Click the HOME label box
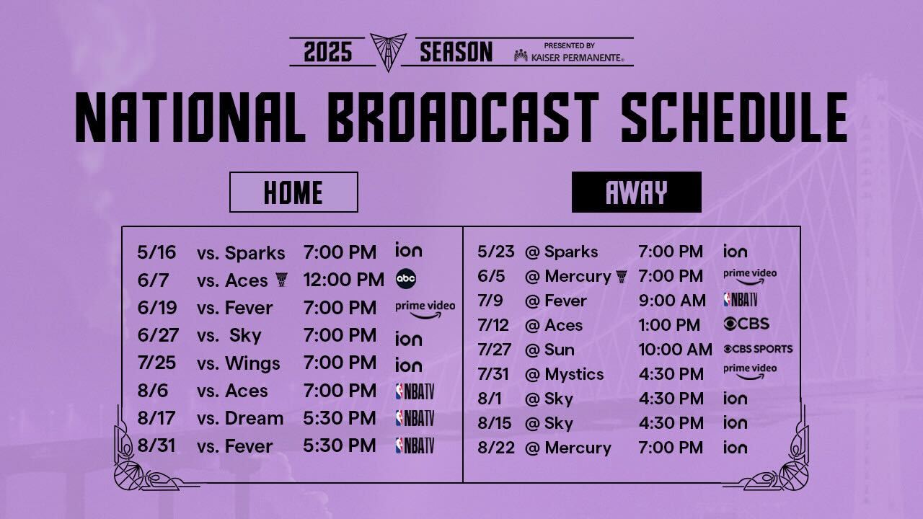pos(293,192)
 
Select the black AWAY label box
pos(636,192)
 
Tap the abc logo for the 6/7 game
pos(406,279)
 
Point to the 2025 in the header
pos(328,52)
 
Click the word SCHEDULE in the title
pos(734,117)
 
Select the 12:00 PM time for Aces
pos(344,280)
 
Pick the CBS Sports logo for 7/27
pos(758,349)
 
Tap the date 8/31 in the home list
pos(156,445)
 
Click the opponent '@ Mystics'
pos(564,374)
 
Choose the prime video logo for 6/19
pos(425,310)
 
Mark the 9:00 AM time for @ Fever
pos(672,301)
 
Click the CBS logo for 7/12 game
pos(746,324)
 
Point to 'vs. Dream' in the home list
pos(240,419)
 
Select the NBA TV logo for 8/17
pos(415,418)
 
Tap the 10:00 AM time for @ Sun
pos(676,350)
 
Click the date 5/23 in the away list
pos(495,252)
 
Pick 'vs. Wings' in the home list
pos(238,363)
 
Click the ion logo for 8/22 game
pos(735,447)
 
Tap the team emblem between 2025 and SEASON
pos(388,52)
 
